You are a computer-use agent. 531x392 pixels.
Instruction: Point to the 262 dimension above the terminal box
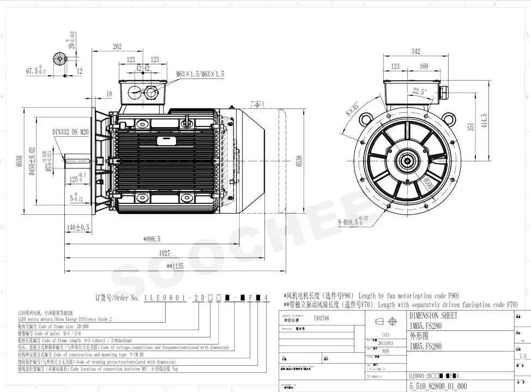click(x=117, y=47)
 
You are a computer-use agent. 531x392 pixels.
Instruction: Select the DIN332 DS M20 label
click(x=70, y=131)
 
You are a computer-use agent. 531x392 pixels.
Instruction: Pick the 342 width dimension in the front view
click(x=415, y=52)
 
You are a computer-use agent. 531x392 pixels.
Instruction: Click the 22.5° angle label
click(x=419, y=91)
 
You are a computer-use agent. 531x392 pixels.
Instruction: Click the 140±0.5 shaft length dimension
click(x=77, y=227)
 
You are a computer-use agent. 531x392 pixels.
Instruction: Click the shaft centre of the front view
click(x=407, y=160)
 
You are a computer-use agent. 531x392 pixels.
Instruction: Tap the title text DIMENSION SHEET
click(x=433, y=316)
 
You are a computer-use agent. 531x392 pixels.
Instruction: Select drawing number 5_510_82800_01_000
click(x=437, y=385)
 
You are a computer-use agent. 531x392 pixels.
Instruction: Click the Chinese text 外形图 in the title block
click(x=420, y=335)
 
